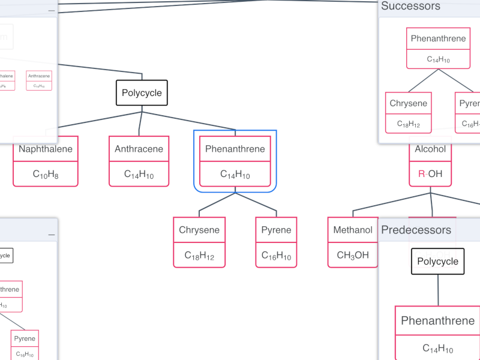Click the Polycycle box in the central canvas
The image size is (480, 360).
coord(142,93)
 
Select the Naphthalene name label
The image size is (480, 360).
coord(46,149)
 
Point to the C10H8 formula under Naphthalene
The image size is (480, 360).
coord(46,175)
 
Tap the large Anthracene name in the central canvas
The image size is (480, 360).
coord(139,149)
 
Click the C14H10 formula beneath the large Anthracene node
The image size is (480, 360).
coord(139,175)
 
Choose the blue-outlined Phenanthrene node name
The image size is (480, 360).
coord(235,149)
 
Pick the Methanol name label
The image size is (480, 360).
coord(353,230)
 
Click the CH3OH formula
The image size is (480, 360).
coord(353,256)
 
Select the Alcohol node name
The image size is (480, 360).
coord(430,149)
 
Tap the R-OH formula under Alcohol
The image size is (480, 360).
coord(430,175)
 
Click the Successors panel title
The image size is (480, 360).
coord(411,7)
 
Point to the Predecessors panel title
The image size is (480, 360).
coord(416,230)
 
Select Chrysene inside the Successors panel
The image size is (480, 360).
coord(409,103)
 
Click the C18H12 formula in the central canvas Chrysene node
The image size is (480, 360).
coord(199,256)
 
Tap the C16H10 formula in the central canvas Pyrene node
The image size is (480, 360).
coord(276,256)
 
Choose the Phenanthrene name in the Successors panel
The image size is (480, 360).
coord(438,39)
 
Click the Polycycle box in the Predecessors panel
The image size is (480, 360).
coord(437,262)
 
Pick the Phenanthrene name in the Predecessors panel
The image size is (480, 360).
coord(437,321)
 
